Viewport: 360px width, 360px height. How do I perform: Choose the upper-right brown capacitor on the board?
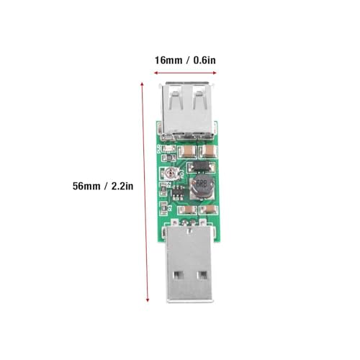(208, 150)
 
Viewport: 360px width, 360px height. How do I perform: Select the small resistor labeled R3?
(163, 206)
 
